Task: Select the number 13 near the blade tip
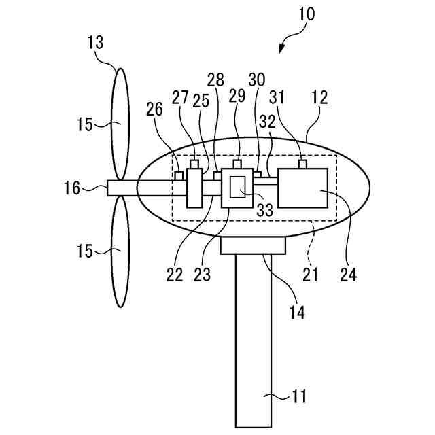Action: (96, 43)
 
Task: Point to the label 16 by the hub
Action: (73, 188)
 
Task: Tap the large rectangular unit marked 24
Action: (303, 188)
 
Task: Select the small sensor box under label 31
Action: (303, 164)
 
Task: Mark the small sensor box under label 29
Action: (237, 164)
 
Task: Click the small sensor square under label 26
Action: (179, 176)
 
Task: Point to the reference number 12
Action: (319, 98)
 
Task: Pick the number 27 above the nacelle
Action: (180, 98)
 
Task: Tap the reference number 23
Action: (202, 275)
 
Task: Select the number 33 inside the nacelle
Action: (264, 210)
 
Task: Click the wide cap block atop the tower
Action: (252, 245)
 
